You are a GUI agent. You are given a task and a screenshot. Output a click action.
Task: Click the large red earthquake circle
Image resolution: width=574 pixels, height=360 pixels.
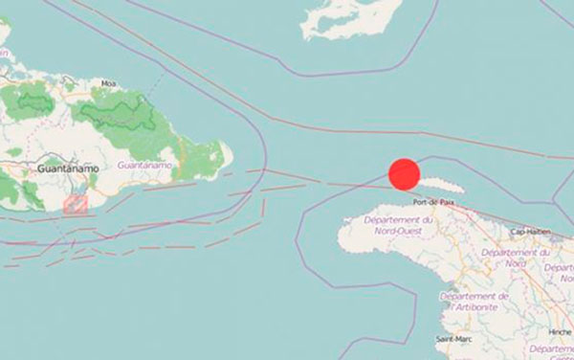point(405,174)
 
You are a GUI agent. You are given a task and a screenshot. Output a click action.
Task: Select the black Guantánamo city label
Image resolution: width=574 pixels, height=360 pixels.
point(63,169)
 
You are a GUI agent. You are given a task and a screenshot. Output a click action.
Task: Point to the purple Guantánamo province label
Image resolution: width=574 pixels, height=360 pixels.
point(144,166)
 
